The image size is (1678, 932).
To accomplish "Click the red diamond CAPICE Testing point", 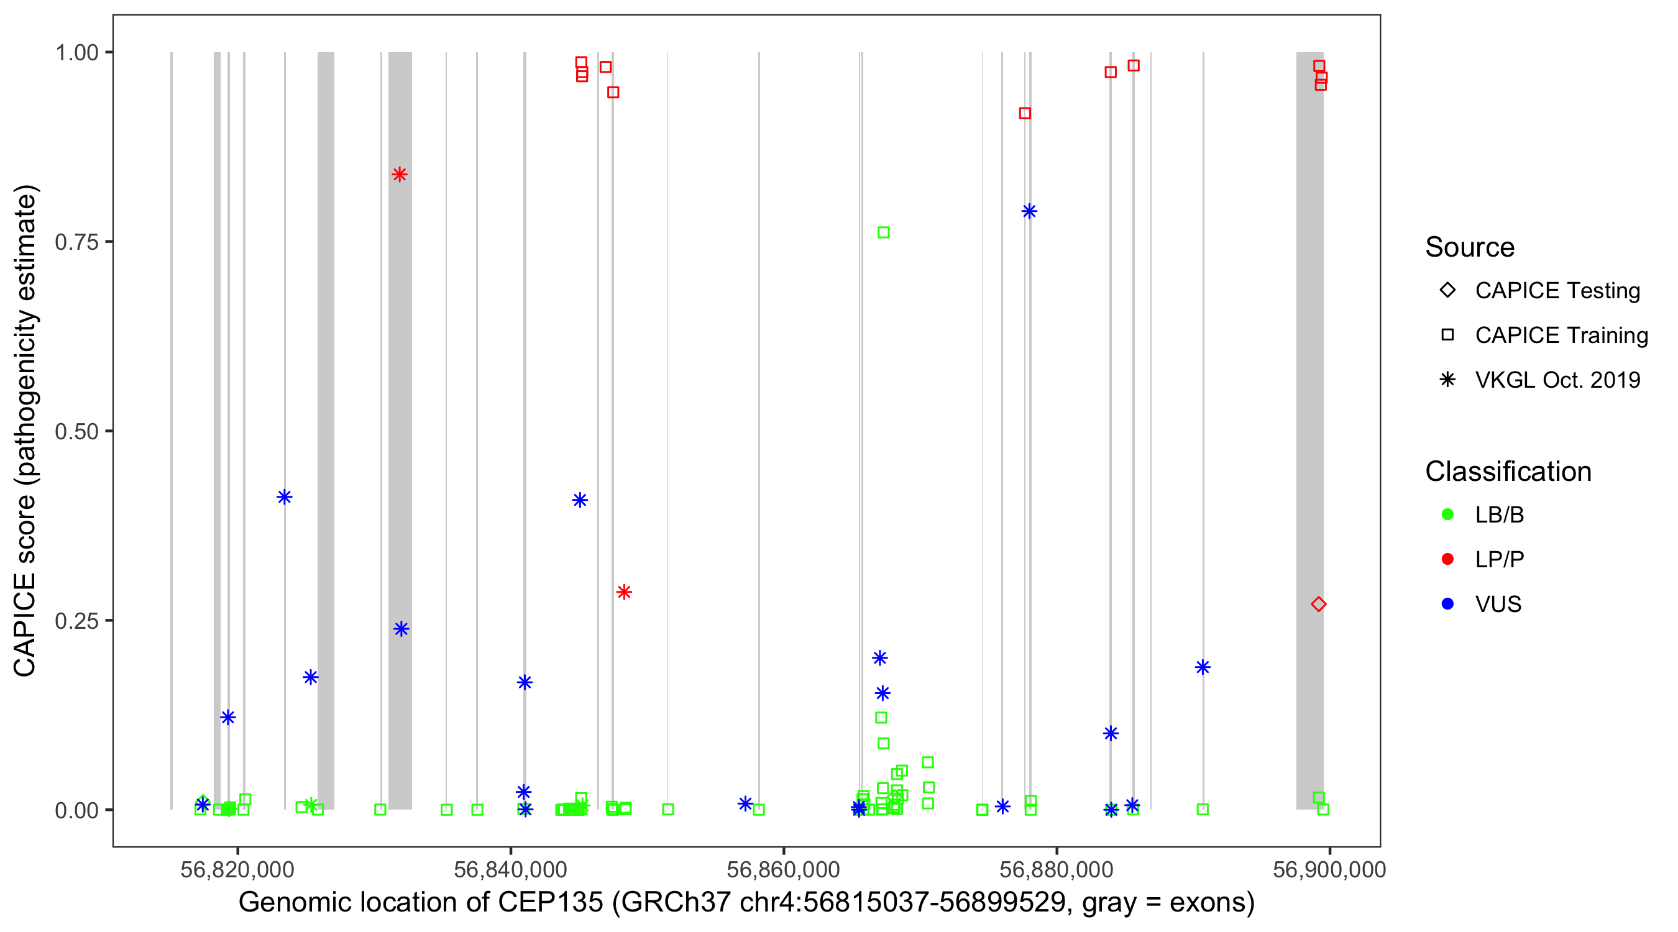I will pyautogui.click(x=1318, y=605).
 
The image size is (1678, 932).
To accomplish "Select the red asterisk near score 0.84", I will pyautogui.click(x=400, y=175).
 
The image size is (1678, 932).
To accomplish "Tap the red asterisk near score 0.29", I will pyautogui.click(x=624, y=592).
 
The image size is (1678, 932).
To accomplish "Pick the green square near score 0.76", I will pyautogui.click(x=883, y=232).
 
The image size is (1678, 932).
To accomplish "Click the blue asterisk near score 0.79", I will pyautogui.click(x=1029, y=211).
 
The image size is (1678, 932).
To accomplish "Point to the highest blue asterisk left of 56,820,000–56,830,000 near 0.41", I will pyautogui.click(x=285, y=497).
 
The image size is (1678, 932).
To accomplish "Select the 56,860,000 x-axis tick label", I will pyautogui.click(x=783, y=869).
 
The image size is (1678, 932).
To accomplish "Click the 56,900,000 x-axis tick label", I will pyautogui.click(x=1329, y=869).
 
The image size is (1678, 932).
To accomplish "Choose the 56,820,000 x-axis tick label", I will pyautogui.click(x=237, y=869).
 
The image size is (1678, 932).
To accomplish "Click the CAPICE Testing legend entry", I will pyautogui.click(x=1557, y=291).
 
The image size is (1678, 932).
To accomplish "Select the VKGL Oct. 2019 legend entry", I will pyautogui.click(x=1557, y=380).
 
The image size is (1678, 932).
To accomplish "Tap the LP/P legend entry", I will pyautogui.click(x=1499, y=559).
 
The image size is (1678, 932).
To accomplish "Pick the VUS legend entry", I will pyautogui.click(x=1498, y=605).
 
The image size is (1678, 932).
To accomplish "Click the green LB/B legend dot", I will pyautogui.click(x=1447, y=514).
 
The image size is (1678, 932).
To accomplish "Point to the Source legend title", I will pyautogui.click(x=1470, y=247).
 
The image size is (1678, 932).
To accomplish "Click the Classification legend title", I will pyautogui.click(x=1508, y=472).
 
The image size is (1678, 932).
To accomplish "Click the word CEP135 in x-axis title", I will pyautogui.click(x=551, y=903).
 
